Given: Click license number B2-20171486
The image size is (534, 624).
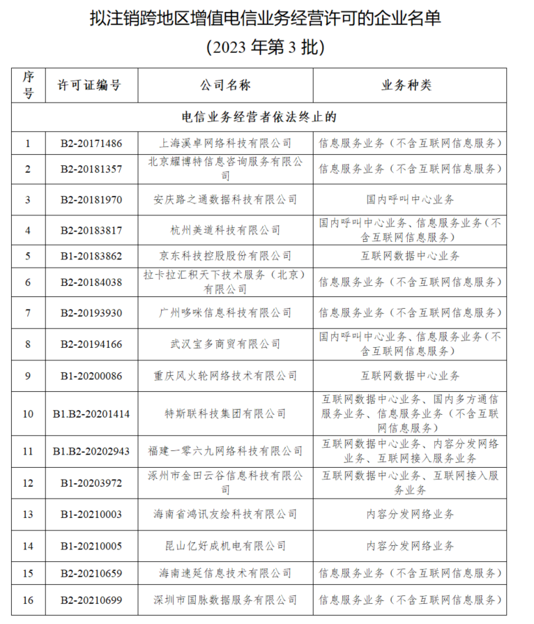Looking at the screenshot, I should pyautogui.click(x=91, y=144).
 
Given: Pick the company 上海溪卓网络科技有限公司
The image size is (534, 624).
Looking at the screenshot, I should pyautogui.click(x=225, y=144).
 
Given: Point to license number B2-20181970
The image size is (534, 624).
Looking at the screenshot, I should pyautogui.click(x=91, y=199).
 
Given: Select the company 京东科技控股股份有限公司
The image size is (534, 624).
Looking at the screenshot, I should pyautogui.click(x=225, y=256).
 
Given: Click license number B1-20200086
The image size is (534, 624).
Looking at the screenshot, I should pyautogui.click(x=91, y=376).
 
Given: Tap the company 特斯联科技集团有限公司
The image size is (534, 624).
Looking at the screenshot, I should pyautogui.click(x=225, y=413).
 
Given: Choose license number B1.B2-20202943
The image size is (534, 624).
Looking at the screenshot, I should pyautogui.click(x=91, y=451).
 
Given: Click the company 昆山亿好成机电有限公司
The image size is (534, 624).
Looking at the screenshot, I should pyautogui.click(x=225, y=545).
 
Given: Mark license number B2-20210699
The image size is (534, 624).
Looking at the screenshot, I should pyautogui.click(x=91, y=600).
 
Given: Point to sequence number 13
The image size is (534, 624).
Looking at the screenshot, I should pyautogui.click(x=28, y=515).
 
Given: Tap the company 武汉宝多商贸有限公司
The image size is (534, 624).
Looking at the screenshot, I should pyautogui.click(x=225, y=344).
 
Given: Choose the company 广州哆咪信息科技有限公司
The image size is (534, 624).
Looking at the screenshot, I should pyautogui.click(x=225, y=312).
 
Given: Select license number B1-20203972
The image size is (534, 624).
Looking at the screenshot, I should pyautogui.click(x=91, y=482).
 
